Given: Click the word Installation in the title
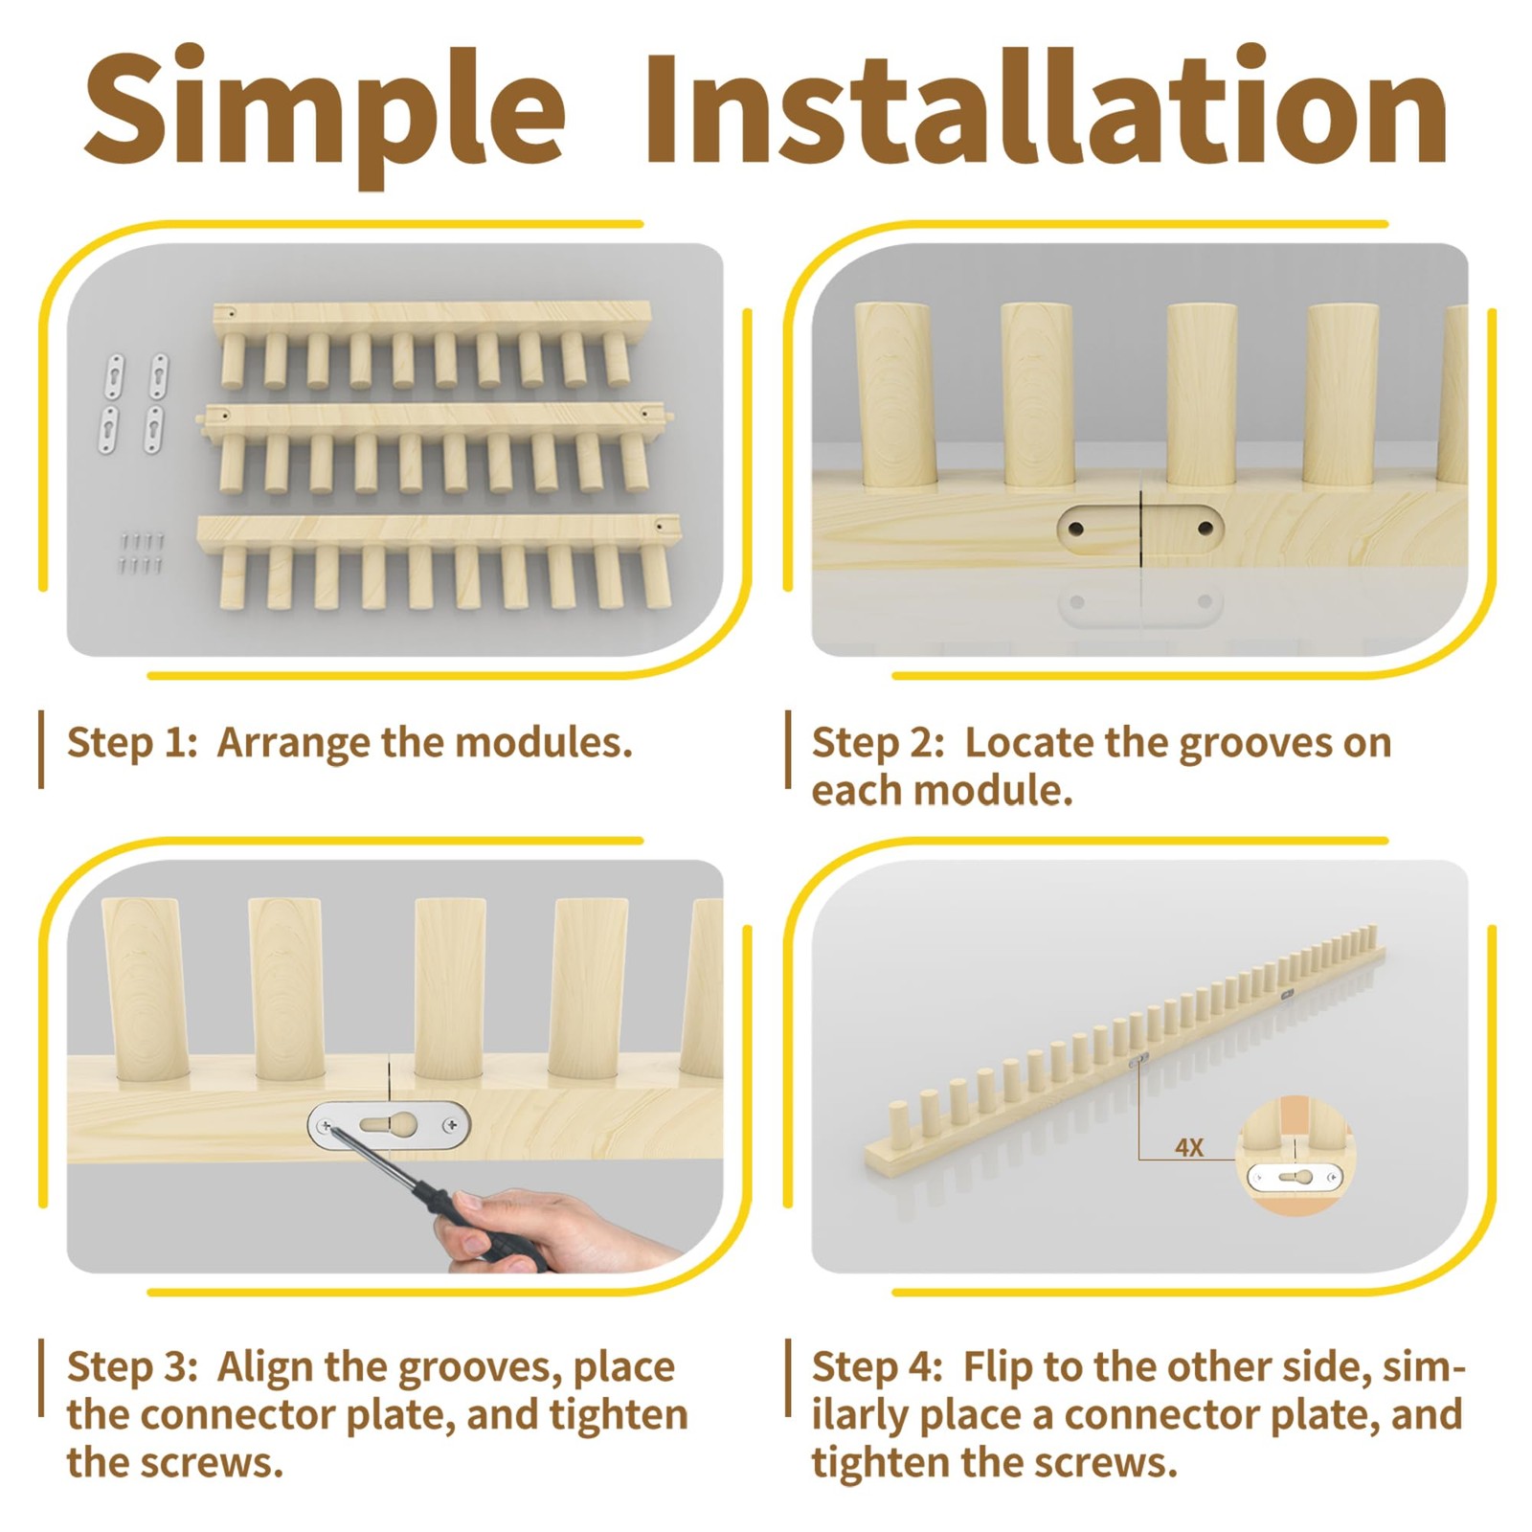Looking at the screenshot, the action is (x=1047, y=108).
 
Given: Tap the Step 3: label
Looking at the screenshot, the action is (x=132, y=1367).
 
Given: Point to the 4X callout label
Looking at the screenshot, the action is (x=1189, y=1147).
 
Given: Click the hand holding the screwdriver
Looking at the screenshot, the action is (x=536, y=1230).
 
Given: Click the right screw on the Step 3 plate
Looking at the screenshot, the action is (x=453, y=1123).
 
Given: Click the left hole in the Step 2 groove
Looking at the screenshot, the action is (x=1076, y=528).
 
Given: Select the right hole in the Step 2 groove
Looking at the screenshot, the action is (x=1205, y=528).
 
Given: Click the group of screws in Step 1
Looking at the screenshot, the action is (x=142, y=553).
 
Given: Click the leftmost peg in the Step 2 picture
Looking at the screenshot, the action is (x=894, y=394).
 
